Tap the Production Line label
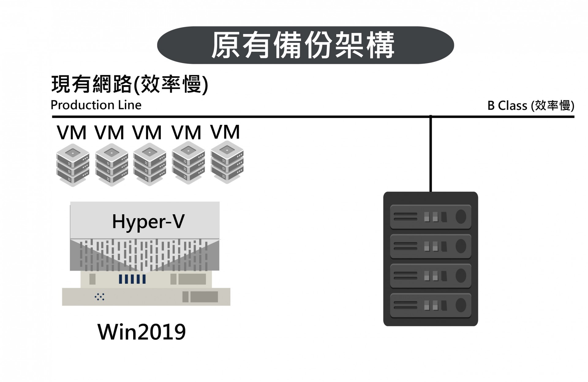[x=96, y=105]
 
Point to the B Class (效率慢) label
[x=530, y=106]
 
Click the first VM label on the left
[x=72, y=133]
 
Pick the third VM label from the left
[x=147, y=133]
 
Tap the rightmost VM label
[x=225, y=132]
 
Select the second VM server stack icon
[x=111, y=164]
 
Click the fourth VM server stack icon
[x=188, y=163]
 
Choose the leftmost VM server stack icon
[x=73, y=165]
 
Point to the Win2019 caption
[x=141, y=332]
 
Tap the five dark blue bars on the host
[x=132, y=279]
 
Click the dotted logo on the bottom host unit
[x=100, y=297]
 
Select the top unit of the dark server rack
[x=430, y=217]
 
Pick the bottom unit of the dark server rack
[x=430, y=305]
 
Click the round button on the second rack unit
[x=461, y=246]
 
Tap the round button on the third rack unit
[x=461, y=276]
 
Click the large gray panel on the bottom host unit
[x=204, y=297]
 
